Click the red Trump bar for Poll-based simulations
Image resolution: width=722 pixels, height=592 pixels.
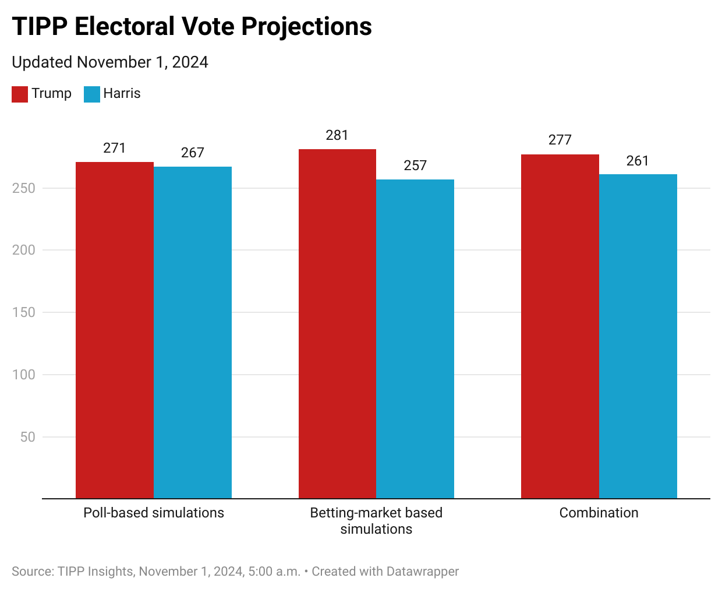(115, 330)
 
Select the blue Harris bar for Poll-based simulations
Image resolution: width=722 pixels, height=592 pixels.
(193, 333)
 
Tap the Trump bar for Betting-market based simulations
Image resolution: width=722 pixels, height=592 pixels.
(337, 324)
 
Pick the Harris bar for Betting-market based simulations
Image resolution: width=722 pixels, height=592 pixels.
(415, 339)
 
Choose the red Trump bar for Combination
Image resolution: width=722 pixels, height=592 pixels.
(560, 326)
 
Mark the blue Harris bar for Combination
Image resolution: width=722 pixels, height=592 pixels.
(638, 336)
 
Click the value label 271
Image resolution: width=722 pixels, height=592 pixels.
(115, 148)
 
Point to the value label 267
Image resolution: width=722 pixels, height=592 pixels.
(193, 153)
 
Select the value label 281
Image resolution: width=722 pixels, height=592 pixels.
(337, 135)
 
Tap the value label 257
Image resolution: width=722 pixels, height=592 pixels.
(415, 165)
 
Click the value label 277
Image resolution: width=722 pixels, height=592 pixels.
(560, 140)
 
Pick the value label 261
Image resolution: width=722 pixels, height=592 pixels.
(638, 161)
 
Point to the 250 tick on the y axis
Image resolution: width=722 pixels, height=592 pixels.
(24, 188)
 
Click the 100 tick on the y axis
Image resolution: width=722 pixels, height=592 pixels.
(24, 375)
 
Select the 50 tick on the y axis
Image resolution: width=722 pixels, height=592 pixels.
(27, 437)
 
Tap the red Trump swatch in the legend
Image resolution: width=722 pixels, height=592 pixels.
(20, 94)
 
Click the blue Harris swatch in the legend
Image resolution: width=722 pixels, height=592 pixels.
(92, 94)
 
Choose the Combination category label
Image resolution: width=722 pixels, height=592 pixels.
(599, 513)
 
